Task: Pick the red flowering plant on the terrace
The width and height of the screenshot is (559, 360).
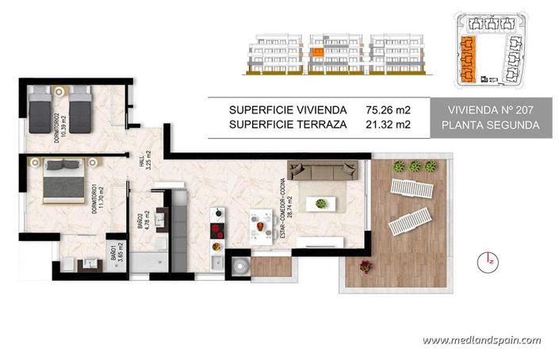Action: click(366, 266)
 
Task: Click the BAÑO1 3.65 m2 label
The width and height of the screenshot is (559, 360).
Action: click(115, 257)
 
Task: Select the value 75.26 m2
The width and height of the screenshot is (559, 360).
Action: click(389, 110)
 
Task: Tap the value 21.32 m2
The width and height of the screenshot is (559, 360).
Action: click(389, 124)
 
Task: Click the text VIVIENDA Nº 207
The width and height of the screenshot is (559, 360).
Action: click(491, 110)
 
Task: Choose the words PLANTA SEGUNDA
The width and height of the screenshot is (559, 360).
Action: click(491, 125)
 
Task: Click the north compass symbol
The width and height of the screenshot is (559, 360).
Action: click(489, 259)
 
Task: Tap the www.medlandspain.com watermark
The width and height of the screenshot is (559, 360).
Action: click(481, 341)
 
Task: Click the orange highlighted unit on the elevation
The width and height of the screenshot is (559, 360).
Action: click(316, 53)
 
